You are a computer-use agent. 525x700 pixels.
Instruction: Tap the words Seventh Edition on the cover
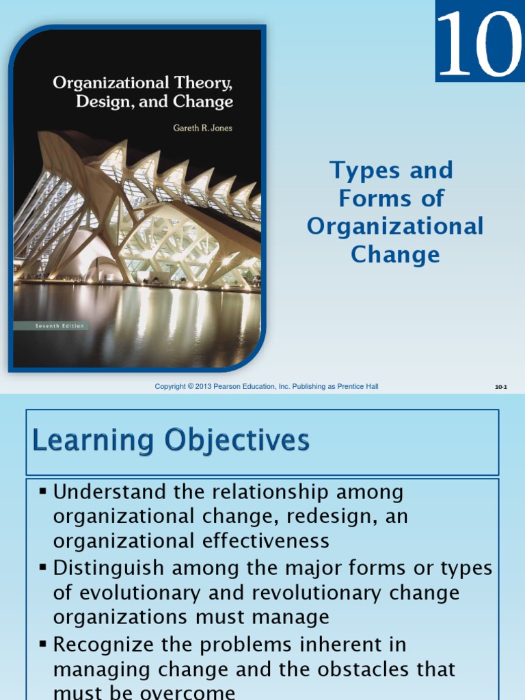tap(60, 326)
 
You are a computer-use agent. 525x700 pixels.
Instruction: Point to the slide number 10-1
tap(501, 387)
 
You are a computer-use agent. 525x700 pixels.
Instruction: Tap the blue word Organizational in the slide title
tap(395, 226)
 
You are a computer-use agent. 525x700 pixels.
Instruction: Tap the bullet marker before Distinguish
tap(43, 567)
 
